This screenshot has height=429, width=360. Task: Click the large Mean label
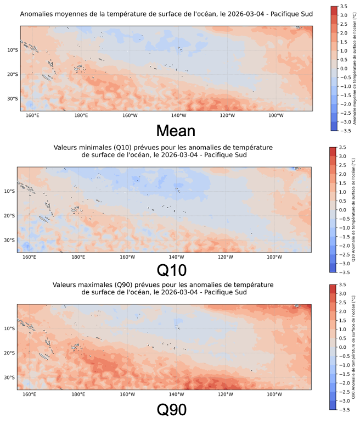pos(176,130)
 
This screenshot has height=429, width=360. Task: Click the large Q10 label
pos(172,270)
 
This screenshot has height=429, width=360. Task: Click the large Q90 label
pos(172,409)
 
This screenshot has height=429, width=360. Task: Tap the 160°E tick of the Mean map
pos(32,115)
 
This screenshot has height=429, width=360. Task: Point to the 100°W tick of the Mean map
pos(275,115)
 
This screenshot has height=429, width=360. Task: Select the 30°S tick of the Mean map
pos(13,99)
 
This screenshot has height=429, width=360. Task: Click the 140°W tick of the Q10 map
pos(176,257)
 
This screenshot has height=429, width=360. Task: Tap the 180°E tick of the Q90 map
pos(78,394)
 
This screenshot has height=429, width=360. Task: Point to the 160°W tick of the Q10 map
pos(127,257)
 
